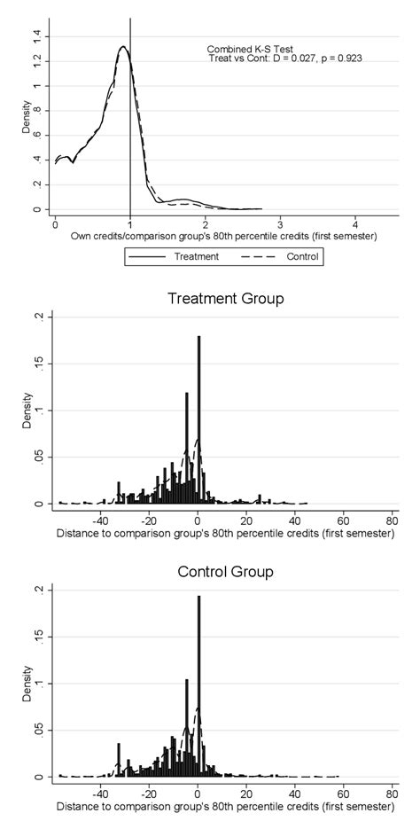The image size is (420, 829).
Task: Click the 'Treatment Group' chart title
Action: coord(225,299)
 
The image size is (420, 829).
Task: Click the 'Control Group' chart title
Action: coord(225,572)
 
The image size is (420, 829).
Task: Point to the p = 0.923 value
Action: coord(341,59)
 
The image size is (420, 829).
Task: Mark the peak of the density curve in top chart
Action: coord(121,46)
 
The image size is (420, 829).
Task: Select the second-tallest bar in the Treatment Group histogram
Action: coord(186,448)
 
